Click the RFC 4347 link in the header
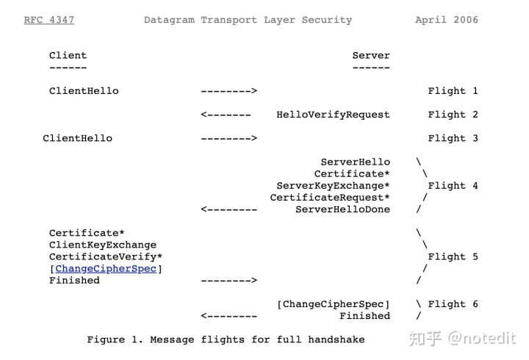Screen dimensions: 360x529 coord(48,20)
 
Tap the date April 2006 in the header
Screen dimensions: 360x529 coord(446,20)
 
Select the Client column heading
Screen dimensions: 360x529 coord(68,55)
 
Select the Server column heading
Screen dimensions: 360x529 coord(371,55)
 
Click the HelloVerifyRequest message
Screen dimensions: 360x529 coord(333,115)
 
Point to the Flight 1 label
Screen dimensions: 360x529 coord(453,91)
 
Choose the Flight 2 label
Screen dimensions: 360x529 coord(453,115)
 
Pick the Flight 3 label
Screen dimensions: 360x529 coord(453,138)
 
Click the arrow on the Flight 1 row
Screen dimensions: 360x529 coord(228,91)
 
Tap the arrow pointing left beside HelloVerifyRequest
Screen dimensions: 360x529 coord(226,115)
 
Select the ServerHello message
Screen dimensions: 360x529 coord(355,162)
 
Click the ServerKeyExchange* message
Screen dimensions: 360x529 coord(333,186)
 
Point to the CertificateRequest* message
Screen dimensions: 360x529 coord(330,198)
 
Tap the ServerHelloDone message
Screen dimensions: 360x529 coord(342,209)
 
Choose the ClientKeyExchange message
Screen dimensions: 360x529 coord(103,245)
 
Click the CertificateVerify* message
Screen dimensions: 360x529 coord(106,256)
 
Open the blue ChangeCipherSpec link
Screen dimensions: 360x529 coord(106,269)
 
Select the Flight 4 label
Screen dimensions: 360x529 coord(453,186)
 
